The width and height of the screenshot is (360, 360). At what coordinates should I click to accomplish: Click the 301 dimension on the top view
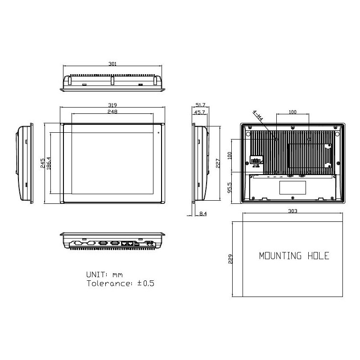[x=112, y=64]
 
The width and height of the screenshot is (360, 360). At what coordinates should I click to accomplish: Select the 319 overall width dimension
[x=112, y=105]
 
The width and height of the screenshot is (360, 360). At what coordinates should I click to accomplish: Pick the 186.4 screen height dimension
[x=49, y=163]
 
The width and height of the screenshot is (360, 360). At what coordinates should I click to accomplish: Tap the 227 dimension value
[x=218, y=163]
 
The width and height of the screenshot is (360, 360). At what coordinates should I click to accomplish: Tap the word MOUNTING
[x=280, y=256]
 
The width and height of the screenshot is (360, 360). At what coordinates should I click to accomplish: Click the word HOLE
[x=318, y=256]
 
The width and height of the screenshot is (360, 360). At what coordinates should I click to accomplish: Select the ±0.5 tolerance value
[x=145, y=283]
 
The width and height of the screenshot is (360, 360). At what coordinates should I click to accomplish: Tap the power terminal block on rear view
[x=256, y=161]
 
